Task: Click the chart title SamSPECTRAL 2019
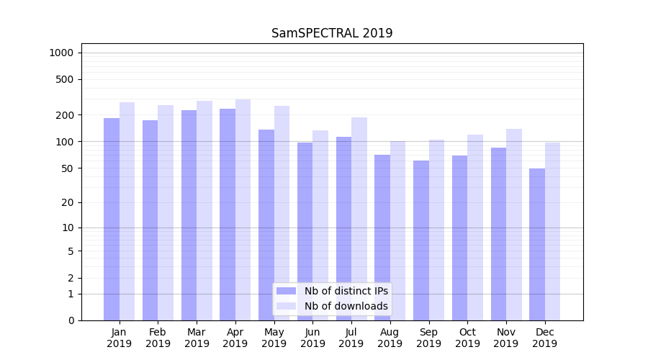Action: point(332,33)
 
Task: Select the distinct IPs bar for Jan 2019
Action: point(112,219)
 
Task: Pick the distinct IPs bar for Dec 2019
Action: point(537,244)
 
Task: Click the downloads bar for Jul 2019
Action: point(359,219)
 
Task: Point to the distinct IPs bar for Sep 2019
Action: point(421,240)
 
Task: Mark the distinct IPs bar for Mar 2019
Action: point(189,215)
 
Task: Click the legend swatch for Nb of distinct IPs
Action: point(286,291)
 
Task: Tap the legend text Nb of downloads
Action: point(346,306)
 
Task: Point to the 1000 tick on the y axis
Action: point(61,53)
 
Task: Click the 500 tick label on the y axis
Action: point(64,79)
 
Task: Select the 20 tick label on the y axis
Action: point(67,202)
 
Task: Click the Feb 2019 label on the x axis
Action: point(158,338)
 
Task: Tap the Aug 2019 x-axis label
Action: point(390,338)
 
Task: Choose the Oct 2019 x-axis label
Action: point(467,338)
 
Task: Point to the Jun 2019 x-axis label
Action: point(312,338)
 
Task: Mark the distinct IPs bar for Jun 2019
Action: point(305,231)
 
